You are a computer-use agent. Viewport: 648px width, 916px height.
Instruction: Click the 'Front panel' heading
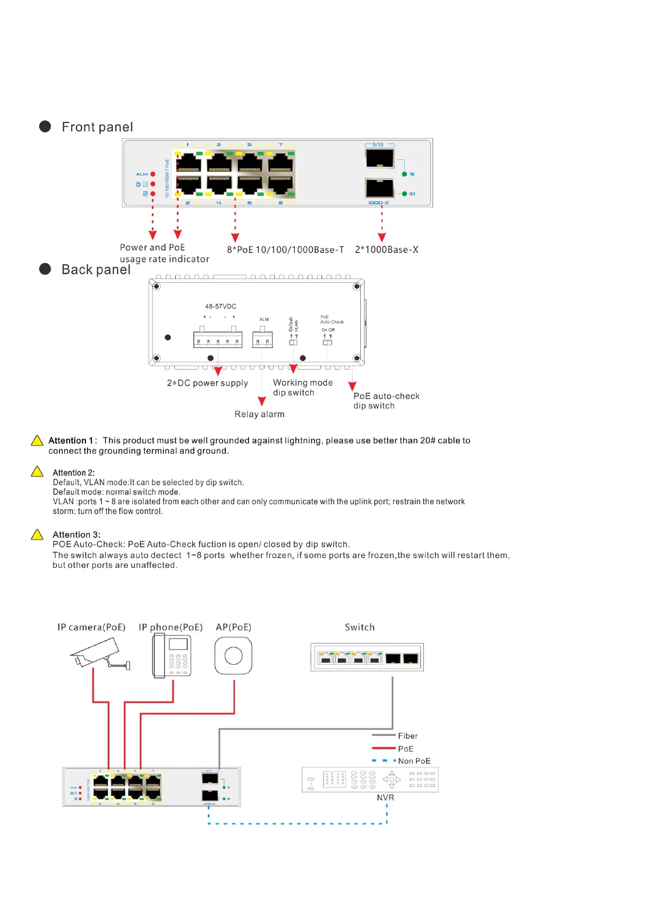click(97, 127)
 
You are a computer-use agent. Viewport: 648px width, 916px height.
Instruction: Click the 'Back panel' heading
click(96, 270)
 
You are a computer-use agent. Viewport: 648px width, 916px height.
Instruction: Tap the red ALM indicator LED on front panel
click(153, 174)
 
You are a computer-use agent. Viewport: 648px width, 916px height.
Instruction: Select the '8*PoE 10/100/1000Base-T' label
click(285, 250)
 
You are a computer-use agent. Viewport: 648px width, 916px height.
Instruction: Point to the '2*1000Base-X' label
click(386, 250)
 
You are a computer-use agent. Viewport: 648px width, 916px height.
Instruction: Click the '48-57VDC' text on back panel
click(220, 307)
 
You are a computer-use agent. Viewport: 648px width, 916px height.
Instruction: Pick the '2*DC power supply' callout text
click(207, 383)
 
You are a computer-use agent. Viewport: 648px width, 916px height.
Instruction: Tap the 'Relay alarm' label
click(259, 414)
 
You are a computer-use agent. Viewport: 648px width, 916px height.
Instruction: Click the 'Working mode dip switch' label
click(302, 388)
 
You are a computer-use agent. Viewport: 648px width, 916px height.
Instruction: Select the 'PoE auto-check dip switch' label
click(386, 401)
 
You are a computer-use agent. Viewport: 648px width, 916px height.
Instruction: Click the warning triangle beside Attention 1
click(37, 441)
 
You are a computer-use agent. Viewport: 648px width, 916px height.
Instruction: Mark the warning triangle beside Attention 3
click(37, 535)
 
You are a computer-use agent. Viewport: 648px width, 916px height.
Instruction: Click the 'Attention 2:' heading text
click(73, 473)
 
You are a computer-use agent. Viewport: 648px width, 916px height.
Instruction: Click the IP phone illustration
click(172, 656)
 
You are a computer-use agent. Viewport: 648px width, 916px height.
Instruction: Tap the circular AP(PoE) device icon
click(233, 656)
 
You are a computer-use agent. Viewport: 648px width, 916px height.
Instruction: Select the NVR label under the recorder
click(385, 798)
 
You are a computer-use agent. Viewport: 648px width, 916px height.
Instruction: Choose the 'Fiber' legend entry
click(407, 736)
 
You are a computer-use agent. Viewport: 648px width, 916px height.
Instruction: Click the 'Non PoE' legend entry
click(414, 761)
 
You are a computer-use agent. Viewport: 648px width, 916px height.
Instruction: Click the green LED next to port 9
click(404, 174)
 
